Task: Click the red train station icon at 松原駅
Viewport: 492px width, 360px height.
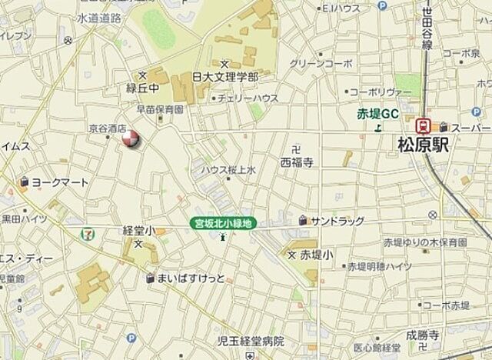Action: [422, 125]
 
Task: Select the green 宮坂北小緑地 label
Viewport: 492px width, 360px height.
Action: [223, 224]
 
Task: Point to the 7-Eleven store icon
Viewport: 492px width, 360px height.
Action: [91, 228]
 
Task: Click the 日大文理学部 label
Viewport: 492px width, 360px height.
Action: [224, 78]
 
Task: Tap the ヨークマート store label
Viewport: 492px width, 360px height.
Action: [59, 183]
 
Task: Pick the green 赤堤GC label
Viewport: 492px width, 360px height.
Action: [377, 114]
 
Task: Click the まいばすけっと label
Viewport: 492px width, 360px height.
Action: [191, 278]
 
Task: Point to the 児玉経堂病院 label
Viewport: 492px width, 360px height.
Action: [250, 341]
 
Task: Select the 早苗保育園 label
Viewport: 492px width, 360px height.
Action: [160, 109]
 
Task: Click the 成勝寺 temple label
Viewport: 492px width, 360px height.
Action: [423, 335]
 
